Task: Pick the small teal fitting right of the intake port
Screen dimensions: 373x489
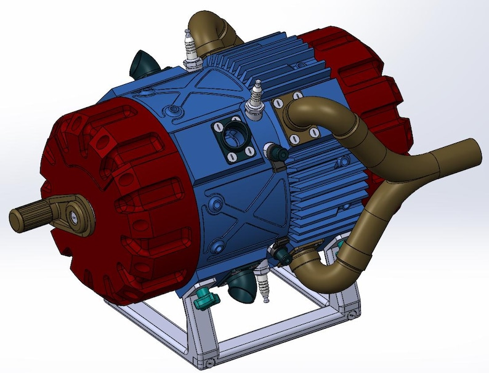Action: tap(275, 151)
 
